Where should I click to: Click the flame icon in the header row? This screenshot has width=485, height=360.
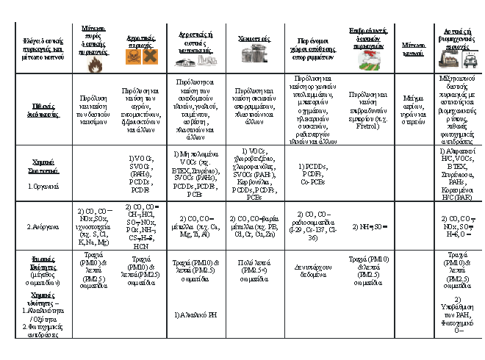(93, 64)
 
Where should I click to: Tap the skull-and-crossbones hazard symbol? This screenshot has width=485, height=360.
(134, 56)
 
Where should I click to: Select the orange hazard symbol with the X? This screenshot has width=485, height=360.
(149, 56)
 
